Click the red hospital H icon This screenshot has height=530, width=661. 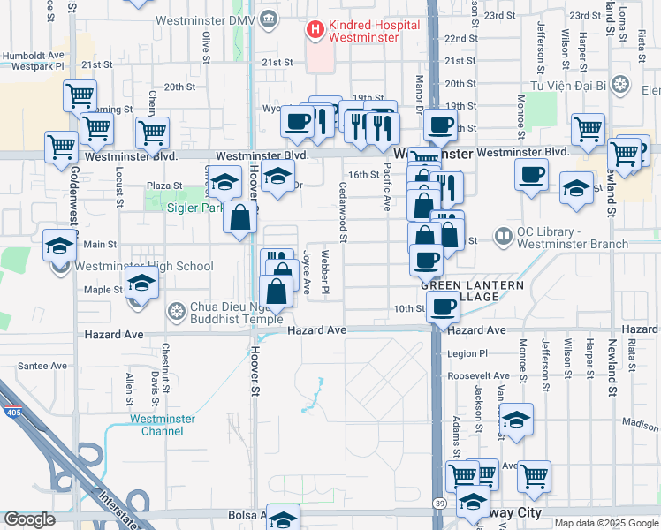point(315,30)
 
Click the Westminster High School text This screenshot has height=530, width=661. point(144,266)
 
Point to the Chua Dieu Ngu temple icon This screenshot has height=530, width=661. point(177,312)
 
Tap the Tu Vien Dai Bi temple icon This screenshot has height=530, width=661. point(621,85)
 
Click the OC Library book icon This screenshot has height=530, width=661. point(503,236)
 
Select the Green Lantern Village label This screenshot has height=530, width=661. point(471,291)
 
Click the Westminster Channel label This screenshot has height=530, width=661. point(156,425)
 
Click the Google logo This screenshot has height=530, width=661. point(29,519)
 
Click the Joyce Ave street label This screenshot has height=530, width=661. point(307,272)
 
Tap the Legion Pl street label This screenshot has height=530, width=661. point(467,353)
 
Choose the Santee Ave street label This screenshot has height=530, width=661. point(42,366)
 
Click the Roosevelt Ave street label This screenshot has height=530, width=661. point(478,375)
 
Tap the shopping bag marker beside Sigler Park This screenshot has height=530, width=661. point(239,217)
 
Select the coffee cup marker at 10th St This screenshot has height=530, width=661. point(442,307)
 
